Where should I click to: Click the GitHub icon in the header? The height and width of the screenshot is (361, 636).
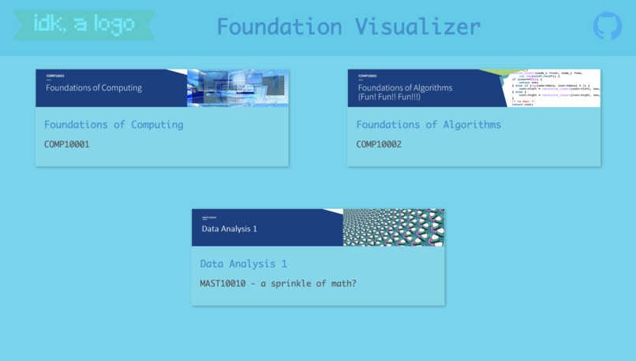607,26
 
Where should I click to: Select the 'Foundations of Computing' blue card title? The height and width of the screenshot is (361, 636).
114,125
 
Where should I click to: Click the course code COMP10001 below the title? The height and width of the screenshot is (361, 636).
67,144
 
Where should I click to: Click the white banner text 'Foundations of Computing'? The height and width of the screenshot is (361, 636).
94,87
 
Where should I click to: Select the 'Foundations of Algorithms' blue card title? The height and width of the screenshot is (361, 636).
428,125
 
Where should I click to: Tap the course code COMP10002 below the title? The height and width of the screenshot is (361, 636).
379,144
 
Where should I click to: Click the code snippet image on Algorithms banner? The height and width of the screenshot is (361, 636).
556,87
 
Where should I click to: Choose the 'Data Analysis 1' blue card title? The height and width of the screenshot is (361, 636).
244,264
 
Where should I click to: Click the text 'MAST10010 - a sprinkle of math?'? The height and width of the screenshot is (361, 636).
278,283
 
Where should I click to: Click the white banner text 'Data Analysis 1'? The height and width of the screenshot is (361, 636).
230,229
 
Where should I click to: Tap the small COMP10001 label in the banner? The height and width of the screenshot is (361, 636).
55,76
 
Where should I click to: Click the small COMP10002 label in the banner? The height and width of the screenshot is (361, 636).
368,76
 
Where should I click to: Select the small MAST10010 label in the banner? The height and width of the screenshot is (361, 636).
209,217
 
